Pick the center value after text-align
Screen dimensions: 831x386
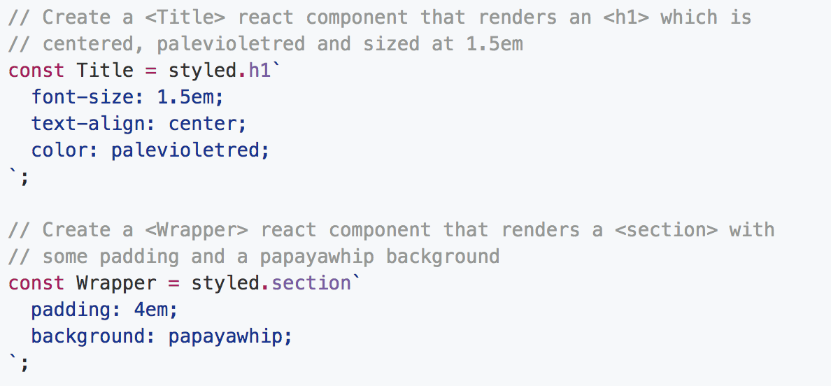pos(203,124)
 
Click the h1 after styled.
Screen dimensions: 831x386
pos(260,71)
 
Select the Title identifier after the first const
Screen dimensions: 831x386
pos(105,71)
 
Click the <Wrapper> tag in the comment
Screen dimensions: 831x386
pos(202,230)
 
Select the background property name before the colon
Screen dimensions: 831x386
pos(88,336)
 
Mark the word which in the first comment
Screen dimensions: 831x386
pos(689,17)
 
